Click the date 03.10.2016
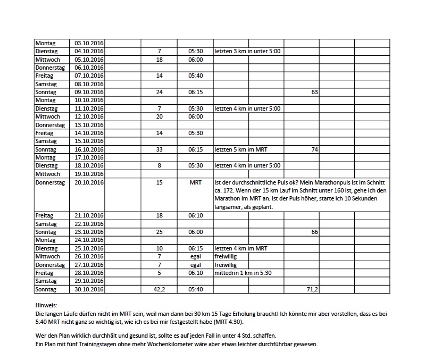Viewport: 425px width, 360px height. click(89, 43)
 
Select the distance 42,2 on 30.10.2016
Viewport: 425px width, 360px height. click(159, 289)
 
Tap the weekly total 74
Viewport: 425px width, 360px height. click(314, 150)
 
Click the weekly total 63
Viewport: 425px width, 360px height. click(314, 93)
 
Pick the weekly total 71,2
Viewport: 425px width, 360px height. click(312, 289)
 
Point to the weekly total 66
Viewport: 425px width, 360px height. click(314, 232)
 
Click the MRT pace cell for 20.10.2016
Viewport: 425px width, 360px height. click(195, 183)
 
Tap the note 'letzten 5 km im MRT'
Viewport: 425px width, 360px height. click(240, 150)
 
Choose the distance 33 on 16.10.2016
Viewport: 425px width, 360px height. click(159, 150)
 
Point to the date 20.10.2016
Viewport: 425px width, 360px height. click(89, 183)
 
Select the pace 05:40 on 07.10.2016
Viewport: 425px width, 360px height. click(195, 76)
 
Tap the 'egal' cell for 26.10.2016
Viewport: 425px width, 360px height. click(195, 257)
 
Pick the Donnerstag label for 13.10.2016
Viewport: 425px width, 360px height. click(50, 125)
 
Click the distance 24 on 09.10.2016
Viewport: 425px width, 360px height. click(159, 93)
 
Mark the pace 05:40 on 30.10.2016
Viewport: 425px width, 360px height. click(195, 289)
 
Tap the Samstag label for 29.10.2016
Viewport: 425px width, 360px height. click(47, 281)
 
